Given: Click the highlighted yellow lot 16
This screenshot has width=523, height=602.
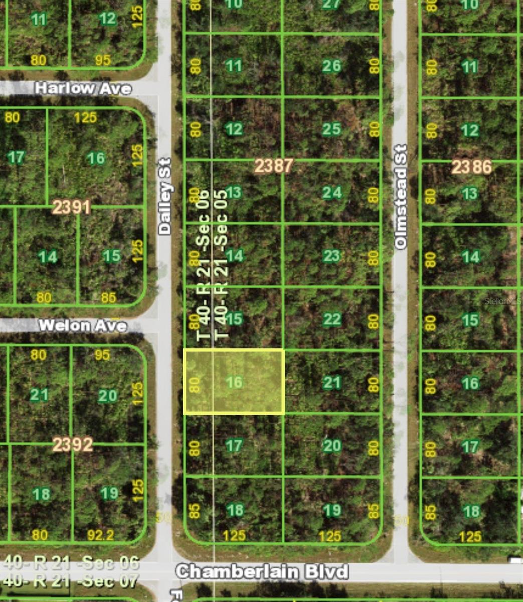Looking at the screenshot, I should click(x=234, y=382).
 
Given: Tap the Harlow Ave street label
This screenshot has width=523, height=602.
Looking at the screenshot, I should click(x=83, y=88).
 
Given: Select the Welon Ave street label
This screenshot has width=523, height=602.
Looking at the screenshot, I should click(x=83, y=326).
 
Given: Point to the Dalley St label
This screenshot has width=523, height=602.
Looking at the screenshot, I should click(x=164, y=197).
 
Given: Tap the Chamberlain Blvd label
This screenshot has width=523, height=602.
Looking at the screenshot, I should click(x=262, y=571).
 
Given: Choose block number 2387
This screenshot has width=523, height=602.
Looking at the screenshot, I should click(x=273, y=166).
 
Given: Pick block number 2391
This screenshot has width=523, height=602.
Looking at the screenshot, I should click(x=71, y=207).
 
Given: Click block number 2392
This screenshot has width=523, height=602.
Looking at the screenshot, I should click(x=73, y=444).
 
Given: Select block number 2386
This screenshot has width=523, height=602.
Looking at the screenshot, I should click(x=471, y=167).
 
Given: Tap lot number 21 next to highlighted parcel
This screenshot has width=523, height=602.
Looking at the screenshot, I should click(x=331, y=383).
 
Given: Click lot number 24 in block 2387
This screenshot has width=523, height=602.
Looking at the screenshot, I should click(x=331, y=192).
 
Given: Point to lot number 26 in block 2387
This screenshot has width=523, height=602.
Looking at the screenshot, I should click(x=331, y=66).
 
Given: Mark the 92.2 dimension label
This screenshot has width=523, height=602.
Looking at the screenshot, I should click(x=100, y=535).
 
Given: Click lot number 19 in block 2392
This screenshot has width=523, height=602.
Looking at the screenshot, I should click(x=109, y=493).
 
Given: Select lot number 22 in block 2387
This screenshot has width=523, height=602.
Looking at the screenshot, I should click(x=331, y=319).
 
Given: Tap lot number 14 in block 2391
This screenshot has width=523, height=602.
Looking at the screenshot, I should click(x=48, y=257).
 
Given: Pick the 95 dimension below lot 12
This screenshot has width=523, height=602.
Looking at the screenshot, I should click(x=102, y=60).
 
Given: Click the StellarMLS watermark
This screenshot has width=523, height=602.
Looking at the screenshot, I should click(x=502, y=302).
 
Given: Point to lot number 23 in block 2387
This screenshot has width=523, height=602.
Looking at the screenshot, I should click(x=331, y=256).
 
